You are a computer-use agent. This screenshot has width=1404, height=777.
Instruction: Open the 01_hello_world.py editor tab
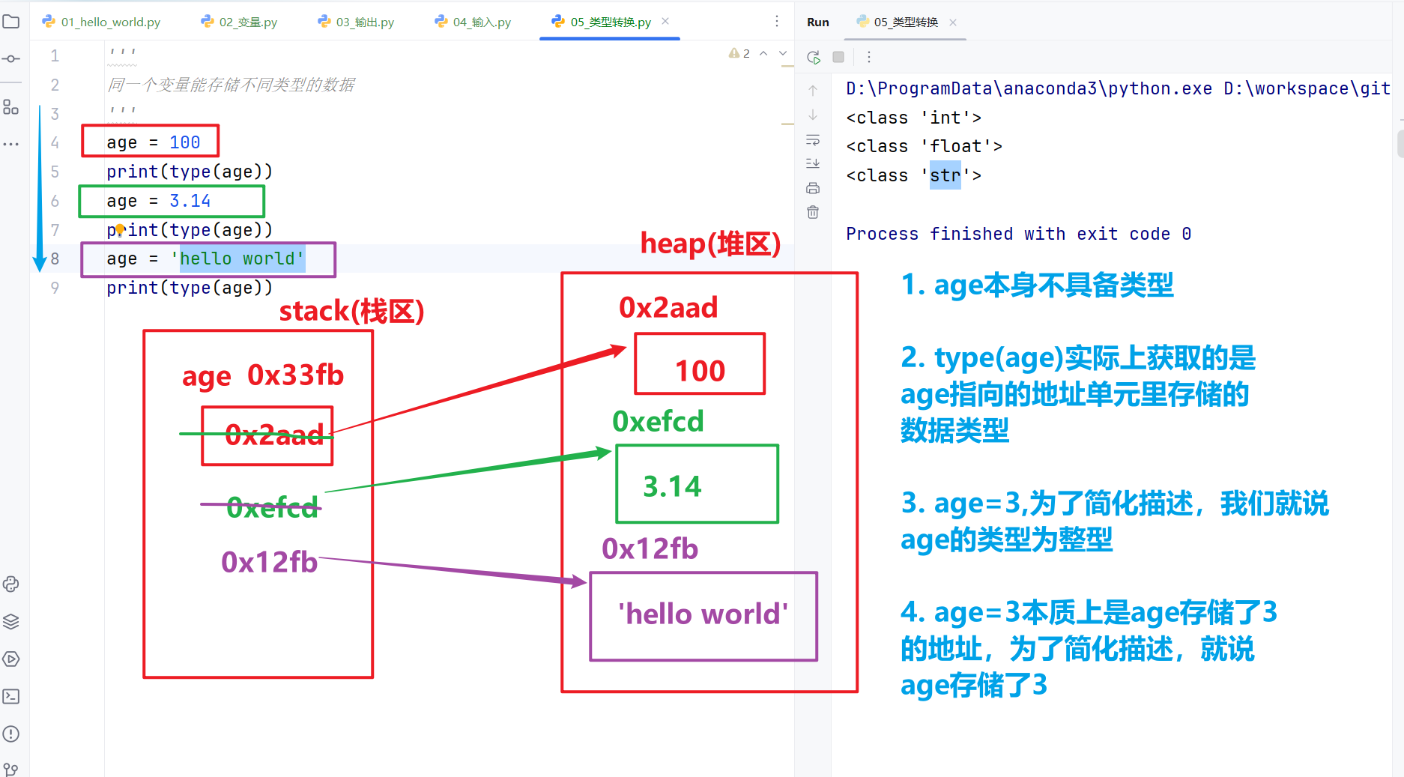(102, 22)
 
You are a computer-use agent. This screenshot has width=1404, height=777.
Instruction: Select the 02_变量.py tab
(239, 22)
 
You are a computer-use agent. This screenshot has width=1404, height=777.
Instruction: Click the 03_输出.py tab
(356, 22)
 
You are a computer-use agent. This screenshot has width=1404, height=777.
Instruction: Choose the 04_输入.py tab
(473, 22)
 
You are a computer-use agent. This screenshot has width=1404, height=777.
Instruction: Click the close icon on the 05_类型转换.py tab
(665, 21)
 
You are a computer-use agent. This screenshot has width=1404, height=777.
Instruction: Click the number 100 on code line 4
(184, 142)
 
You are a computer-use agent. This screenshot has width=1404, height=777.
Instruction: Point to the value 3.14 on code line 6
(190, 201)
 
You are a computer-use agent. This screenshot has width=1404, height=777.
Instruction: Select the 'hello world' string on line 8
(237, 259)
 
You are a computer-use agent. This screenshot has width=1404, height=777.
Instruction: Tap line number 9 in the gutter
(55, 288)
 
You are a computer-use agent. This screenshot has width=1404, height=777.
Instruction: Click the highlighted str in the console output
(945, 175)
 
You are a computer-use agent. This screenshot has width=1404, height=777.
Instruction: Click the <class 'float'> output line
(924, 146)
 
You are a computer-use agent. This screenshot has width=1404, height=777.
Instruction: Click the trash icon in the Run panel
(813, 212)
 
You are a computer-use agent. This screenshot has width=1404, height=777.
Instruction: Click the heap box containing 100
(700, 364)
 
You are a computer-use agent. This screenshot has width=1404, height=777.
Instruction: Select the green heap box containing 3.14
(697, 484)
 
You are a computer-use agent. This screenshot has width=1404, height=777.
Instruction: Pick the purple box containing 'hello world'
(703, 616)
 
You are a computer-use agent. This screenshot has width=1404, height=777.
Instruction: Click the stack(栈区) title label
(351, 311)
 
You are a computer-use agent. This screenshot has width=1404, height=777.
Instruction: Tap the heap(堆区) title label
(710, 244)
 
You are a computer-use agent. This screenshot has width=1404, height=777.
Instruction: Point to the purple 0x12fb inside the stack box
(270, 562)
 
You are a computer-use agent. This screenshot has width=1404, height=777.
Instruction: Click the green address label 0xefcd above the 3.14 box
(658, 421)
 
